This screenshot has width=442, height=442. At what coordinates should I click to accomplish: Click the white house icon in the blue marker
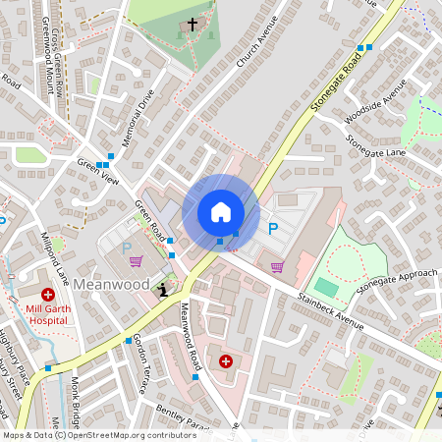pos(221,212)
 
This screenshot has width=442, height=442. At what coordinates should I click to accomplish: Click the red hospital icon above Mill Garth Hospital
pos(47,295)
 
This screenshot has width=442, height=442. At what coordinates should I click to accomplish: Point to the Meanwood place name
pos(111,284)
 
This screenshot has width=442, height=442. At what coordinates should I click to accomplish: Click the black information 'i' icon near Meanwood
pos(163,288)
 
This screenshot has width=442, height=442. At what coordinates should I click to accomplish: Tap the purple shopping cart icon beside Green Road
pos(136,261)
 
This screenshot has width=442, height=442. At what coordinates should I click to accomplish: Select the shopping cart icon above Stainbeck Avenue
pos(277,266)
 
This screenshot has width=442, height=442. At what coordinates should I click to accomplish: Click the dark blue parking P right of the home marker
pos(273,229)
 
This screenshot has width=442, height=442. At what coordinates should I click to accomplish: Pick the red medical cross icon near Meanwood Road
pos(227,361)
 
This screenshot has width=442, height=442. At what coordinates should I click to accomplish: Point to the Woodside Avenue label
pos(382,101)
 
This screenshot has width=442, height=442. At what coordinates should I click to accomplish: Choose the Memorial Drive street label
pos(138,118)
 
